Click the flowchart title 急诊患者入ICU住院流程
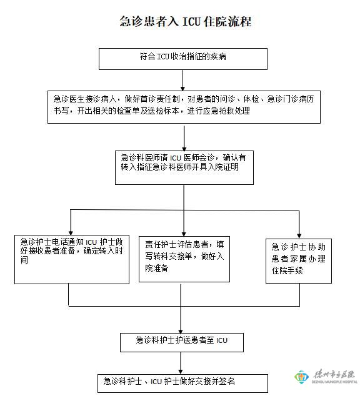point(186,21)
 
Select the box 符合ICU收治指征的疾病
point(183,59)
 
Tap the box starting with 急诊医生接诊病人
point(184,107)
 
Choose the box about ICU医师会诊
point(184,167)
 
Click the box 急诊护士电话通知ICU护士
point(72,259)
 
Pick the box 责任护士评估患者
point(184,259)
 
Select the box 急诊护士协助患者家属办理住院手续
point(299,261)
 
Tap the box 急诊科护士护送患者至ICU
point(182,342)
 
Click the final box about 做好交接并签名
point(182,384)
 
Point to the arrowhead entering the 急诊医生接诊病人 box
point(182,89)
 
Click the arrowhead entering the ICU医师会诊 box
point(184,149)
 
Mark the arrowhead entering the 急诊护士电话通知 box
point(71,233)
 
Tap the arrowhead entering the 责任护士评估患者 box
point(184,234)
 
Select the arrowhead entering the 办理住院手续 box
point(299,237)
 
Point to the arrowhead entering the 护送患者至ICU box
point(181,331)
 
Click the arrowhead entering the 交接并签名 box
point(181,372)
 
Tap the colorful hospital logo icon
point(302,377)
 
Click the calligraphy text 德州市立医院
point(334,374)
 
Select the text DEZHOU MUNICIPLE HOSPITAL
point(334,382)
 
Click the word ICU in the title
point(191,22)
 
